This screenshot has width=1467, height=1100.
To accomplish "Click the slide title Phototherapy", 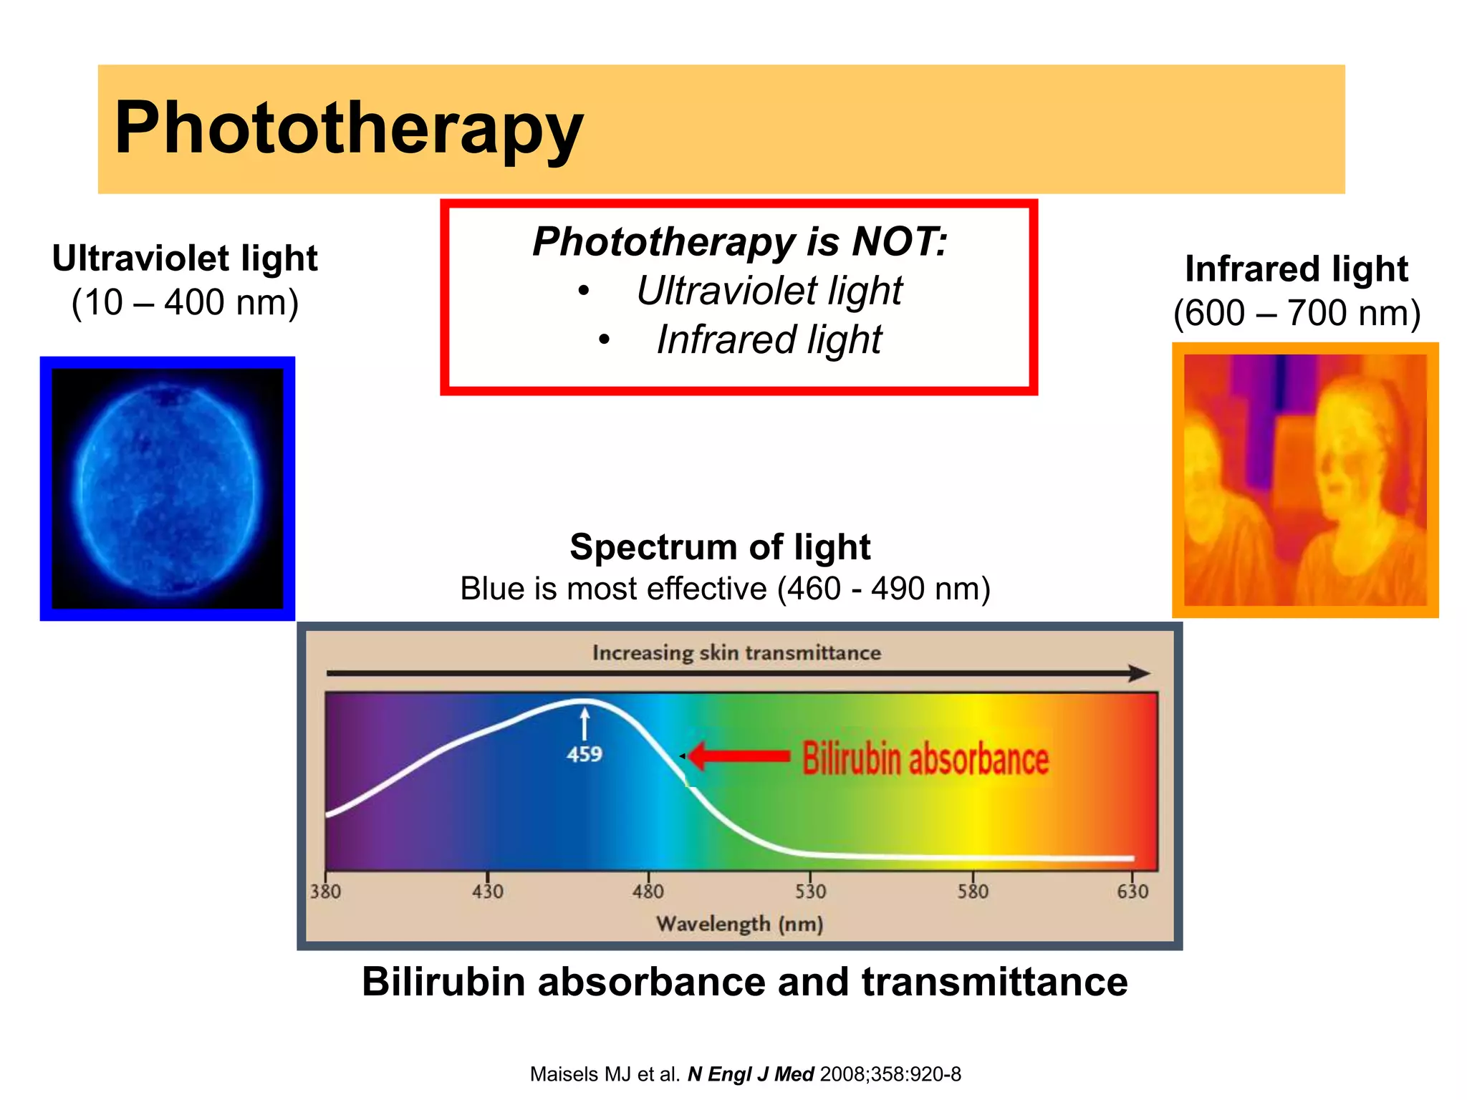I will (x=349, y=129).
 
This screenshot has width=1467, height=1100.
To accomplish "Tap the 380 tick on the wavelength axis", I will (x=325, y=891).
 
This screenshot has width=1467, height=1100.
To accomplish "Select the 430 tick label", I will (x=487, y=891).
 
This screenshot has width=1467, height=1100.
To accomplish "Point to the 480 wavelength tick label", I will (x=648, y=891).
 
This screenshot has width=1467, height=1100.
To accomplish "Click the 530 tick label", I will (x=810, y=891).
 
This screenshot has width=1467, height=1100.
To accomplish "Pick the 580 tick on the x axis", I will (x=973, y=891).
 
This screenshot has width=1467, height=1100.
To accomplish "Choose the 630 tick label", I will (x=1132, y=891).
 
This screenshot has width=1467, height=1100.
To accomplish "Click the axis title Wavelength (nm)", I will (x=739, y=924).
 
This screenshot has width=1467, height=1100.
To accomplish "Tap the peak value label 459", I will (x=585, y=754).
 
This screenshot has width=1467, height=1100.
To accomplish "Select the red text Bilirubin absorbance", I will (x=925, y=759).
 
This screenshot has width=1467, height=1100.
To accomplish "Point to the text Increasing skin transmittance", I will (x=736, y=652).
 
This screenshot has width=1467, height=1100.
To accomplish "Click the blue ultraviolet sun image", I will (x=167, y=488).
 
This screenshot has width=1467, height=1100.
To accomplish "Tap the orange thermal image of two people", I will (x=1304, y=480).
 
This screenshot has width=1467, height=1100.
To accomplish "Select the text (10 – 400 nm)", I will (x=185, y=302).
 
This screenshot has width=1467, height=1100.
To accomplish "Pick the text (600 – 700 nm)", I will (x=1297, y=313).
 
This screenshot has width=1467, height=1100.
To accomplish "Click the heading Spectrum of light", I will (x=720, y=547).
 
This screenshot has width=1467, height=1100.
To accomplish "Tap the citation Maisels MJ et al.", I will (x=605, y=1074).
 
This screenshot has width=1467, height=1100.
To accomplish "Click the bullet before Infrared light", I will (x=605, y=340).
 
